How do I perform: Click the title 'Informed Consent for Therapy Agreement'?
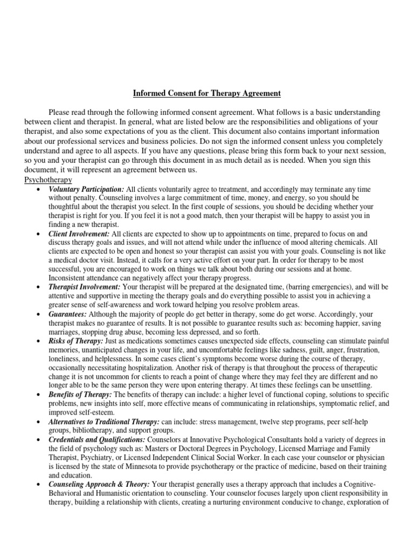[207, 93]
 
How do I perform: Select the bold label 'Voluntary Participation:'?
[86, 189]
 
